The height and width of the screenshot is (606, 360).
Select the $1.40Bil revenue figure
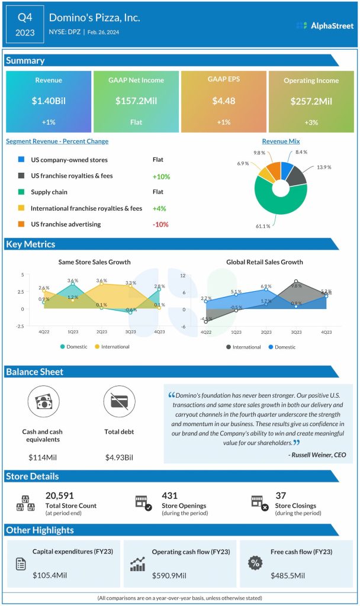coord(49,101)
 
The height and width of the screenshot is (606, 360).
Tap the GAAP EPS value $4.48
coord(223,101)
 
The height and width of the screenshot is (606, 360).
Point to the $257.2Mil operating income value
coord(311,101)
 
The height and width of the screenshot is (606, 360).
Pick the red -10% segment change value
coord(160,224)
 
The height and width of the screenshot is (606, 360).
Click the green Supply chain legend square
coord(22,192)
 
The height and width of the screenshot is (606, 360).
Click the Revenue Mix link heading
coord(281,141)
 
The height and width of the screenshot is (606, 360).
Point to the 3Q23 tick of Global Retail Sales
coord(296,333)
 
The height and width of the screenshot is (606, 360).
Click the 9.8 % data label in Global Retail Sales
coord(296,286)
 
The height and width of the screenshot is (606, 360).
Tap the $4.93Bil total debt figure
coord(119,457)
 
